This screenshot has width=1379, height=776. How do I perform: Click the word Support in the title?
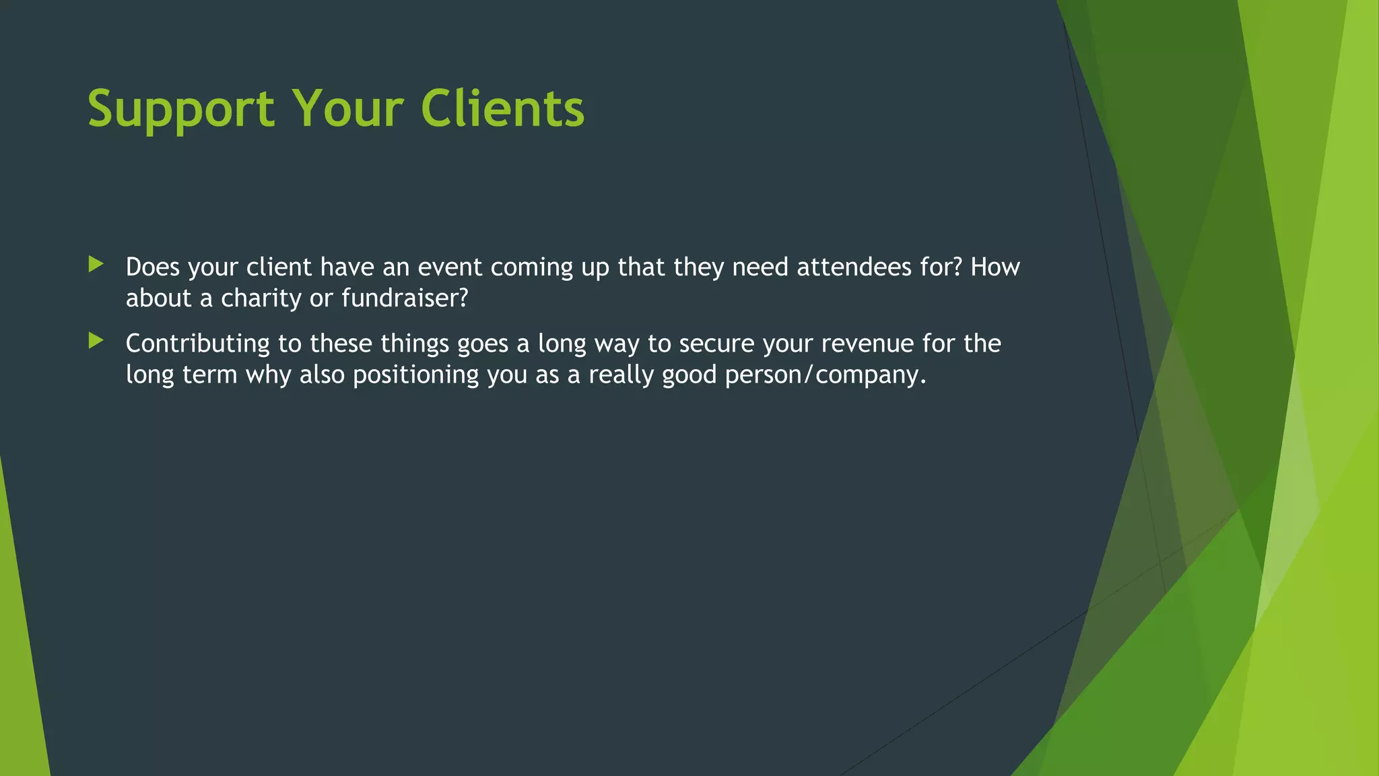[181, 108]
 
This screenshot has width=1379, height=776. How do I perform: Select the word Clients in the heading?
[502, 108]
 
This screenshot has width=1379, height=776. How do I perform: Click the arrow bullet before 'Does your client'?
[96, 264]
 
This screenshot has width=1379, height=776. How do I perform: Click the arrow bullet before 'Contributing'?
[96, 341]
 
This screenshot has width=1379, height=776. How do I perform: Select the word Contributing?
[198, 344]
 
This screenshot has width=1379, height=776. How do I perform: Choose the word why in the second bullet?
[268, 375]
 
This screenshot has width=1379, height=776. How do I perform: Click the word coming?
[531, 267]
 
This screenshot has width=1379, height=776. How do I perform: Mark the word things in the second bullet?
[415, 344]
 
